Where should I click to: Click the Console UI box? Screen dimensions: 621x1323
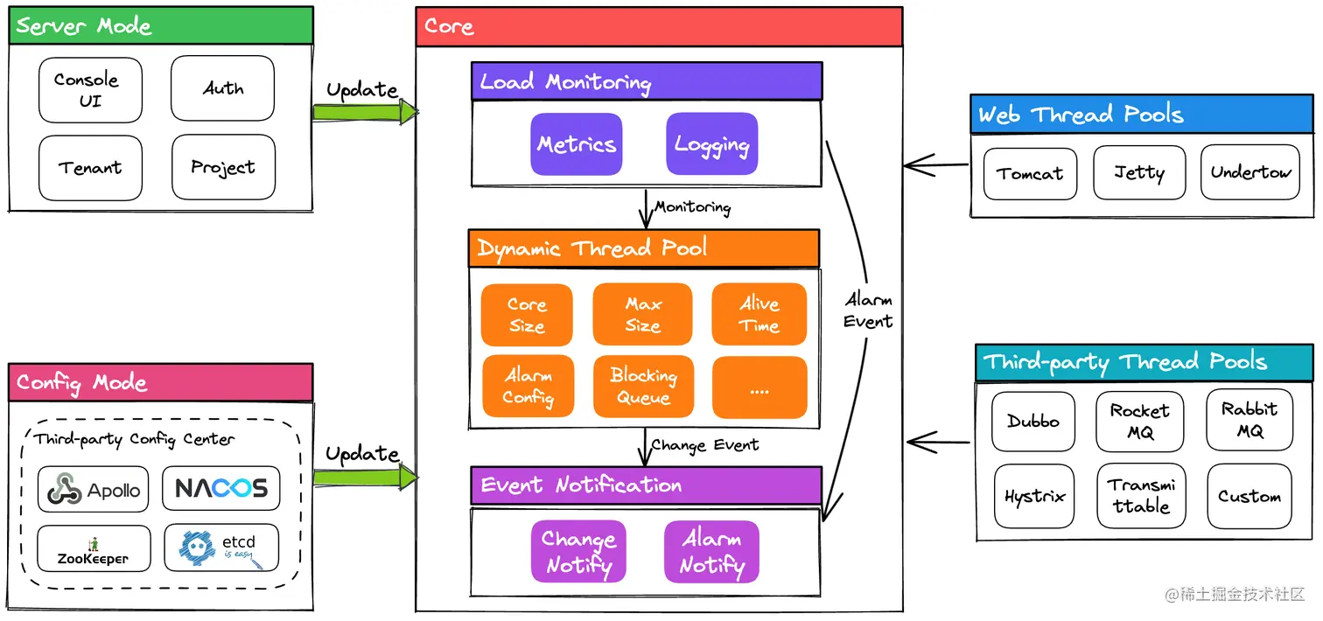point(89,89)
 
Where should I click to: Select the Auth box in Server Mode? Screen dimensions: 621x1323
point(222,88)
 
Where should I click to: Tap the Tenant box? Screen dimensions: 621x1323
point(89,167)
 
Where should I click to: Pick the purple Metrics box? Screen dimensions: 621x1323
point(577,144)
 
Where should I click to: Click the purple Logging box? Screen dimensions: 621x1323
point(711,144)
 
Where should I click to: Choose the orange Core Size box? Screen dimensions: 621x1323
point(527,315)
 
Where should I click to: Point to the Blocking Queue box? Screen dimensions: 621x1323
point(643,386)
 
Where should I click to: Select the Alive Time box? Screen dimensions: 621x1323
point(759,315)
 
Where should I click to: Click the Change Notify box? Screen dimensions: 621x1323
point(577,552)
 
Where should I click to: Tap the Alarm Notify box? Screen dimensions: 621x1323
point(711,552)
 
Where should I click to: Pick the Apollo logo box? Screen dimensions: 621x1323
point(94,489)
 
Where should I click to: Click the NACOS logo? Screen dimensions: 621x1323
point(220,488)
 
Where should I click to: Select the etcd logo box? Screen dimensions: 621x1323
point(221,548)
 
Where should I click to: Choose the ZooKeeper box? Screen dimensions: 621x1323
point(94,548)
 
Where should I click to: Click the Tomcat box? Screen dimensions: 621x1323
point(1030,173)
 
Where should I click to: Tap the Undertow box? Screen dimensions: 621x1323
point(1249,173)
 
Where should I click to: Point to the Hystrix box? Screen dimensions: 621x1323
point(1034,497)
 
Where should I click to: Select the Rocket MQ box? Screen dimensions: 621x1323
point(1139,422)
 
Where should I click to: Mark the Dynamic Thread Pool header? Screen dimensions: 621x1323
point(643,248)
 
